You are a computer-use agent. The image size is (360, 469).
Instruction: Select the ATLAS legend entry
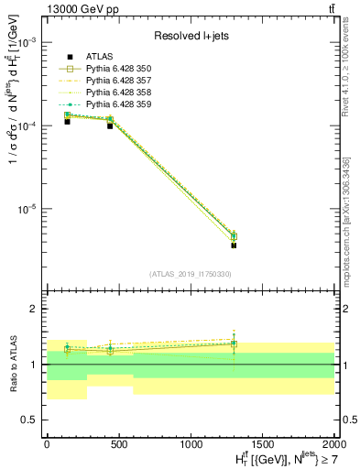101,58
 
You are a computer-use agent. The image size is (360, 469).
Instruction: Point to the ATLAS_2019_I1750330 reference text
190,273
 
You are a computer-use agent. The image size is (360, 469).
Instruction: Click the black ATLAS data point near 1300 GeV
234,245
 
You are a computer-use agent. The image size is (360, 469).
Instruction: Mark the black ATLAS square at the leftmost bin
67,121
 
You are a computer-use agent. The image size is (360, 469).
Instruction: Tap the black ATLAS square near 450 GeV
110,125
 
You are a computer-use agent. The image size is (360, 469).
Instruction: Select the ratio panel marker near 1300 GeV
234,344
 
